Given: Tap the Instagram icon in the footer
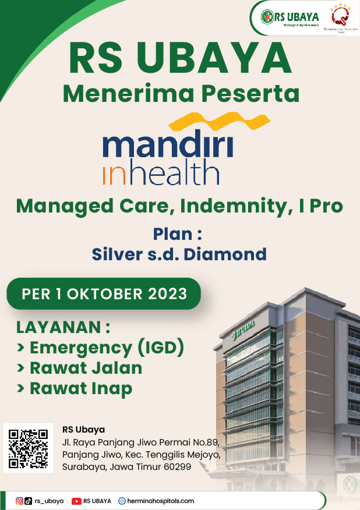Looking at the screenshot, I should [x=19, y=501].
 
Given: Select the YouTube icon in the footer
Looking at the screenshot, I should [x=76, y=501].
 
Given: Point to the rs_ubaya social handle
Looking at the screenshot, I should [x=49, y=501].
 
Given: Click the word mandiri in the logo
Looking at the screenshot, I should [x=168, y=146].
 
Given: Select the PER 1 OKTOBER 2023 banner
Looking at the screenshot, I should [x=104, y=293].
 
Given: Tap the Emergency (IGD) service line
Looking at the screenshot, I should [x=101, y=348].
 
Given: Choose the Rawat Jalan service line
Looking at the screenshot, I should [x=80, y=368].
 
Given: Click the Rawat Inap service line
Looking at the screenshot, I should [x=75, y=388].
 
